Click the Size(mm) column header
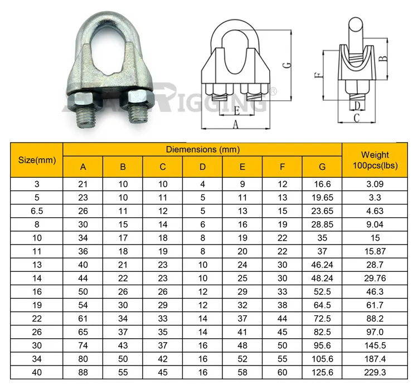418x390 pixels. [37, 160]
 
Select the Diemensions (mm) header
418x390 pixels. [202, 149]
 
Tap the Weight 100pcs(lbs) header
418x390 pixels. [375, 160]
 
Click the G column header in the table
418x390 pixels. [323, 167]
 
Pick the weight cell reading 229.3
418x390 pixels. [375, 372]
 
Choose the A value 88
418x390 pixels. [83, 372]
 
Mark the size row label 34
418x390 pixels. [37, 359]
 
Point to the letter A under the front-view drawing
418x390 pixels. [235, 125]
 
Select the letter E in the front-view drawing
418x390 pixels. [236, 110]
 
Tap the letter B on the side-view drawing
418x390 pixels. [383, 57]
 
